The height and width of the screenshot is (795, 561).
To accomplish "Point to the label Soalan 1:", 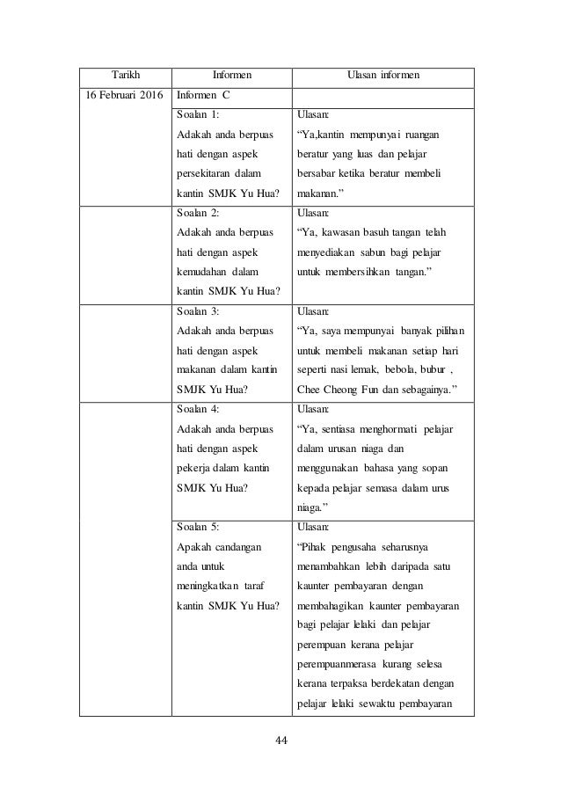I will [x=198, y=114].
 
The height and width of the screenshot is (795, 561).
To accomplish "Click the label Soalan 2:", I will [x=198, y=213].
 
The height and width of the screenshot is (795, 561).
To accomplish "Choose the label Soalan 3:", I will [x=198, y=310].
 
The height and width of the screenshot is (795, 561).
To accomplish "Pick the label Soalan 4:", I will [x=198, y=409].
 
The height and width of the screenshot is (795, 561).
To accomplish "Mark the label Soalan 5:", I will [x=198, y=527].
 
